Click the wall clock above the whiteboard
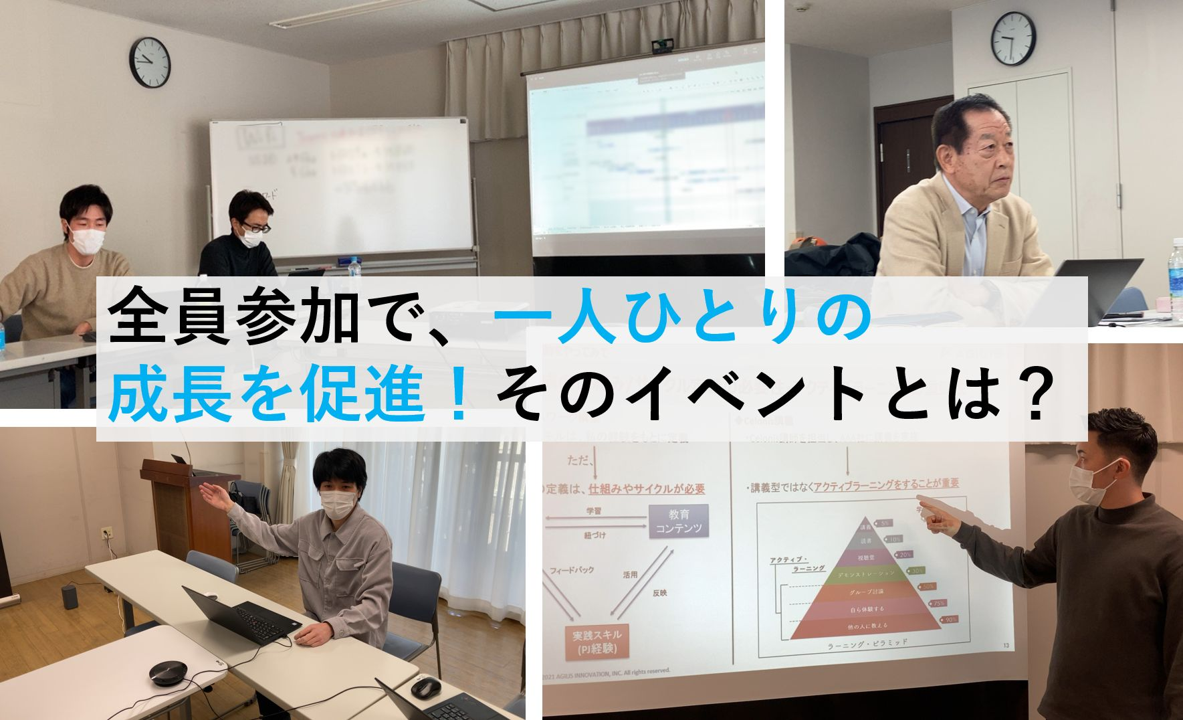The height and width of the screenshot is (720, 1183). pyautogui.click(x=150, y=62)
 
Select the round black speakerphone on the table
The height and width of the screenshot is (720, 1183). pyautogui.click(x=168, y=672)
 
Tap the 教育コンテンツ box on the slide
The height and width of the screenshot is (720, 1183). pyautogui.click(x=678, y=521)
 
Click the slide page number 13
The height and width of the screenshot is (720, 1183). pyautogui.click(x=1007, y=646)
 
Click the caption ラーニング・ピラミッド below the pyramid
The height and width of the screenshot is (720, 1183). pyautogui.click(x=867, y=641)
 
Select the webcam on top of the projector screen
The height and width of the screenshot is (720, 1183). pyautogui.click(x=662, y=46)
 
